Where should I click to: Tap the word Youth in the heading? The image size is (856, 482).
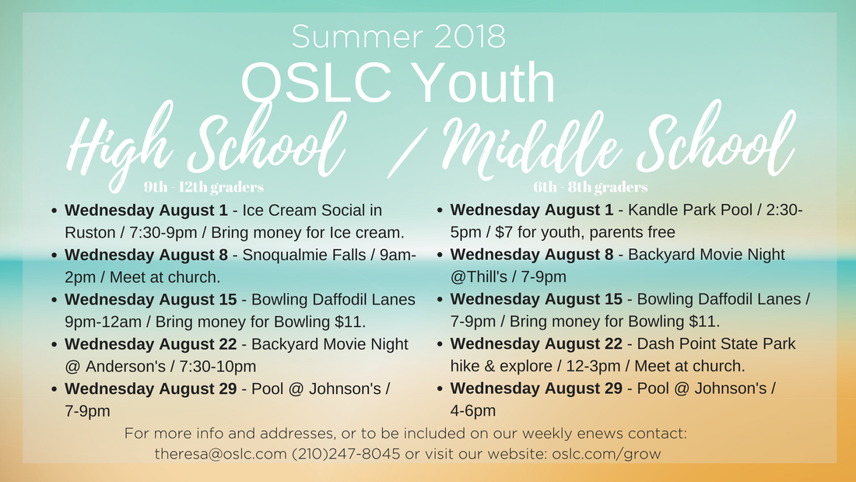pos(483,83)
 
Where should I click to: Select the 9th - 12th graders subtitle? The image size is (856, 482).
pos(204,188)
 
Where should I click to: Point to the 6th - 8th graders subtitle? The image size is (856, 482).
pos(590,188)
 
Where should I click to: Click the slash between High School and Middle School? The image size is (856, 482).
pos(407,153)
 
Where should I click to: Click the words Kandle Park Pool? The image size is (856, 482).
pos(689,209)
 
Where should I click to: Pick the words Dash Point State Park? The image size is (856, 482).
pos(716,343)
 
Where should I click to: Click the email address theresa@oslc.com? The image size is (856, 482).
pos(220,454)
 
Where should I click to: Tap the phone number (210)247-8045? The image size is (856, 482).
pos(346,454)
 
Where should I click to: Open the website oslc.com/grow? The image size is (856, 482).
pos(606,454)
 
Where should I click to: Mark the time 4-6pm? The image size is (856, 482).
pos(473,411)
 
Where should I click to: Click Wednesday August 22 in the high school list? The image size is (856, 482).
pos(151,344)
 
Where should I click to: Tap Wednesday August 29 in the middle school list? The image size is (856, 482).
pos(536,389)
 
